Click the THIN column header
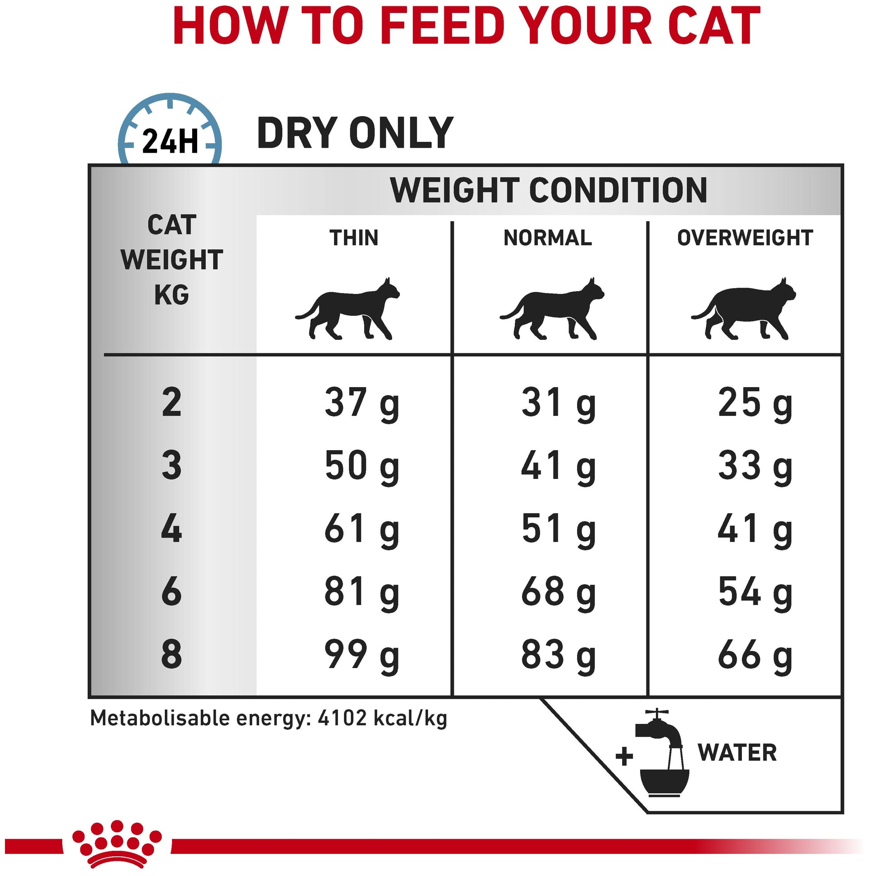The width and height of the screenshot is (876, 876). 354,238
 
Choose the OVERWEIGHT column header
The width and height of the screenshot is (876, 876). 745,238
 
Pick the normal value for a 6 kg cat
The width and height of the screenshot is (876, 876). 559,592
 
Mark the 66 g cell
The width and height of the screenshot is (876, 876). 755,655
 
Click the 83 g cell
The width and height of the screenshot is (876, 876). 559,655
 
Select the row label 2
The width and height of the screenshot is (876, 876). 172,402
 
